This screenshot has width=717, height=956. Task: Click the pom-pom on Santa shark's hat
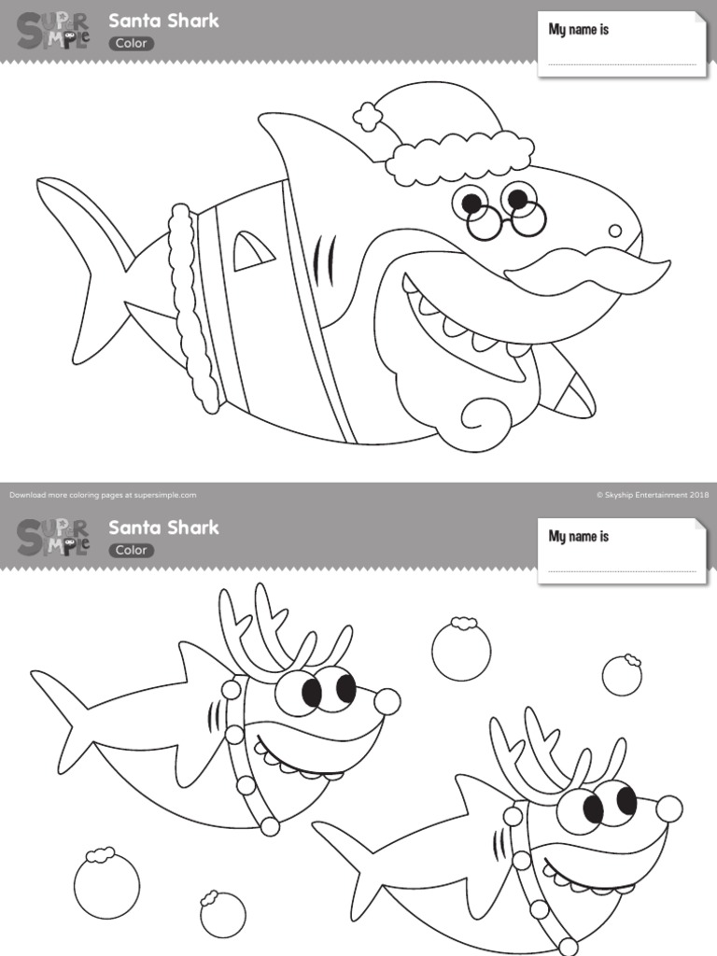pos(369,117)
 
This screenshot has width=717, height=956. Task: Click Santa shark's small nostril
pos(614,231)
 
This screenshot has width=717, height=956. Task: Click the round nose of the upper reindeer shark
pos(387,701)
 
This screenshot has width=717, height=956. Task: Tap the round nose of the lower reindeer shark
pos(668,808)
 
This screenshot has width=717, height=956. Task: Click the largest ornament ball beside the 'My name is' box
pos(461,649)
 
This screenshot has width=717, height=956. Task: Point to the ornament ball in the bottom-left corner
pos(106,884)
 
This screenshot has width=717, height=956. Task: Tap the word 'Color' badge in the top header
pos(132,43)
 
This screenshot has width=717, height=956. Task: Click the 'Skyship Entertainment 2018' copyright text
pos(653,495)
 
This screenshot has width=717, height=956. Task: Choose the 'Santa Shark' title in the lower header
pos(163,527)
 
